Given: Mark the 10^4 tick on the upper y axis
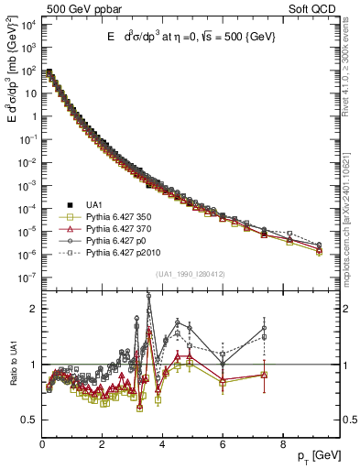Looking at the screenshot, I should click(27, 24).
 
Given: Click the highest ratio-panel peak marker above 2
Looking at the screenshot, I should click(148, 296).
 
